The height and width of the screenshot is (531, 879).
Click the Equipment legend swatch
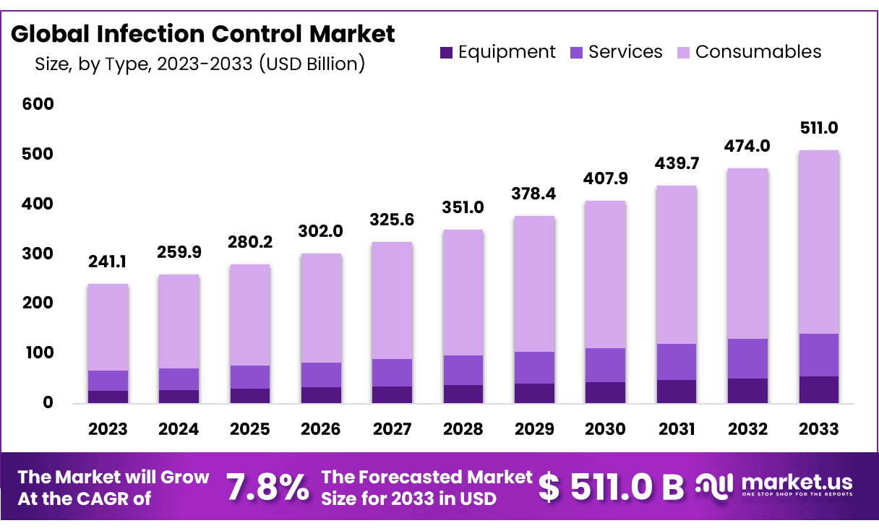click(x=446, y=53)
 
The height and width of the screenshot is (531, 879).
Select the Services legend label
click(x=625, y=52)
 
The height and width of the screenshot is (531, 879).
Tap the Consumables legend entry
click(x=758, y=52)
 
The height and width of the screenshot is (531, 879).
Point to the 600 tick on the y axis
click(x=38, y=105)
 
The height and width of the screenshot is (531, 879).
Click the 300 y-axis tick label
click(x=38, y=254)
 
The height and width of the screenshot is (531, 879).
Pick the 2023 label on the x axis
click(x=108, y=429)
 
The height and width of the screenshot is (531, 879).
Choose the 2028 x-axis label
click(x=463, y=429)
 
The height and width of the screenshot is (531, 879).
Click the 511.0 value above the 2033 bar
click(x=818, y=129)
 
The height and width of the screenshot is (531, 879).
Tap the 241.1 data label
click(x=108, y=262)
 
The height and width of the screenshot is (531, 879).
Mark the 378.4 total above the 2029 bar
click(x=534, y=194)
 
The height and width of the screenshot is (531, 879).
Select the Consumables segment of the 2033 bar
click(x=818, y=242)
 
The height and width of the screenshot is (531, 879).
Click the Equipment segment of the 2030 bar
click(x=605, y=392)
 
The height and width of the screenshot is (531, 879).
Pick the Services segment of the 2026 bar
click(x=321, y=375)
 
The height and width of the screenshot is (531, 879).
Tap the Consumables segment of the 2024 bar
click(x=179, y=321)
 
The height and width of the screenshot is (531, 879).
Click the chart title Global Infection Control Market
click(x=203, y=34)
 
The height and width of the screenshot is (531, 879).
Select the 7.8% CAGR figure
click(x=267, y=488)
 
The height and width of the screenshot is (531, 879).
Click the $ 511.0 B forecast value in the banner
click(x=612, y=488)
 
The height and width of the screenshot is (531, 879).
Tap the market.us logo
click(x=774, y=485)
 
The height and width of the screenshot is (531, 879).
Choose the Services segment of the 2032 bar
click(x=747, y=358)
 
